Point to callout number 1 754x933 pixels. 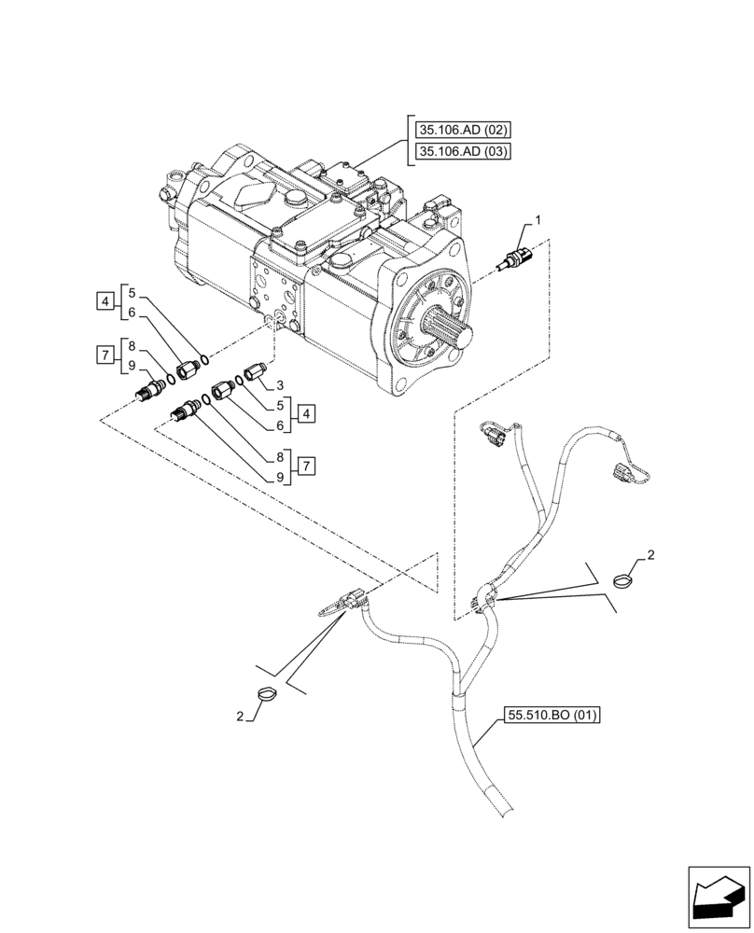point(538,220)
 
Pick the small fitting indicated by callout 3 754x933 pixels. point(256,374)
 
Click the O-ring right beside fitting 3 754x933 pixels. point(240,383)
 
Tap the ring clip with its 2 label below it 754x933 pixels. point(266,695)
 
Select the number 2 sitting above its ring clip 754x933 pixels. point(650,556)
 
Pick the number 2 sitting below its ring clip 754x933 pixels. point(242,717)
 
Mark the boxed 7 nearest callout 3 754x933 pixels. point(305,465)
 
